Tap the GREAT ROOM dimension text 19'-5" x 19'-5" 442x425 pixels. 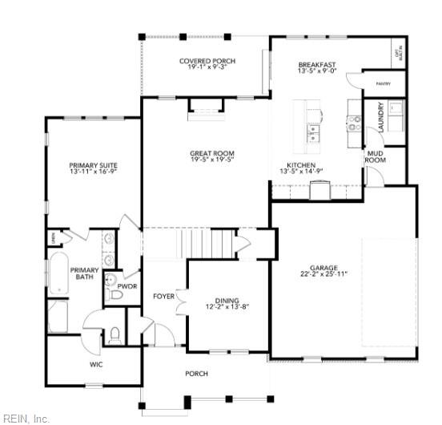click(x=212, y=160)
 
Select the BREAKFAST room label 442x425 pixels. click(x=316, y=65)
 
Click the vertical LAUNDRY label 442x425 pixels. click(x=381, y=116)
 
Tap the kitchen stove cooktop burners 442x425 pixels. click(x=353, y=122)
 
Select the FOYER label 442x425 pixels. click(x=163, y=297)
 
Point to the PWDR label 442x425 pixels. click(x=127, y=285)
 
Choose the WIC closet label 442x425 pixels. click(x=96, y=364)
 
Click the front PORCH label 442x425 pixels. click(x=196, y=374)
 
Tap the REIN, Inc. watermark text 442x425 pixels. click(x=26, y=418)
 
